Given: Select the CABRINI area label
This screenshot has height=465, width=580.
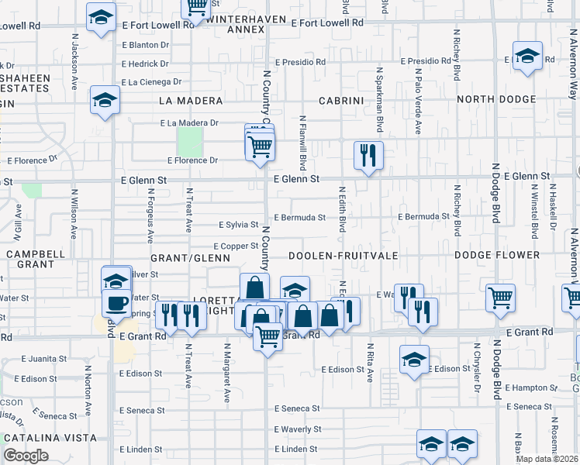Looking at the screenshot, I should (340, 101).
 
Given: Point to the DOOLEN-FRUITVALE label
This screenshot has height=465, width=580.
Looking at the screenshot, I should (342, 255).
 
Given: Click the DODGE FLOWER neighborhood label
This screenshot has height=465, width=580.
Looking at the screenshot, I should (496, 255).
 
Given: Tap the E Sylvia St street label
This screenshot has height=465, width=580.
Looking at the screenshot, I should (237, 225).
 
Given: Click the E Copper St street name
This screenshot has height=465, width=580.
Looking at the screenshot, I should (235, 246).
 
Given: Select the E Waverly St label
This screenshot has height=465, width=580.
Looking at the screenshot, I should (297, 429).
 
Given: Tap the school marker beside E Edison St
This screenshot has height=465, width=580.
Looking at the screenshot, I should (415, 360).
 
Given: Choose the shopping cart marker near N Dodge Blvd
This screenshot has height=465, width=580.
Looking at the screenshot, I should (501, 297).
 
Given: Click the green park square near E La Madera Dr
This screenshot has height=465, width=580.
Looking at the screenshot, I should (189, 140).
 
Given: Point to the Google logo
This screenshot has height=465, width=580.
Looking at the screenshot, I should (26, 456).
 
